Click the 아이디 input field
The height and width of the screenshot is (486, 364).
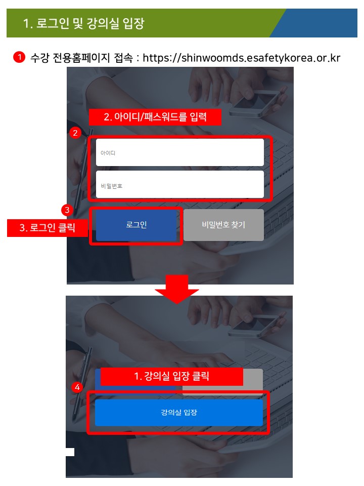(x=180, y=152)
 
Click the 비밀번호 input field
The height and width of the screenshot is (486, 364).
(x=180, y=184)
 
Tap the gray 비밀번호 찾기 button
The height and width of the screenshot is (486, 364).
(x=223, y=225)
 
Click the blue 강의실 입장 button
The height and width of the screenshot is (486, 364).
(x=179, y=413)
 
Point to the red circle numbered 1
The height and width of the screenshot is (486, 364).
(x=19, y=57)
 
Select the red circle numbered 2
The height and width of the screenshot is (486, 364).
(x=75, y=133)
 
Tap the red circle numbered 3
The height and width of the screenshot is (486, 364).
(x=67, y=210)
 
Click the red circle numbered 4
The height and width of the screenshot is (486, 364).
(x=77, y=387)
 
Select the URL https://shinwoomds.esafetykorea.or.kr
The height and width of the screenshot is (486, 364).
(x=242, y=58)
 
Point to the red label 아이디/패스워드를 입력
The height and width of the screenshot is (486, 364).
(x=155, y=117)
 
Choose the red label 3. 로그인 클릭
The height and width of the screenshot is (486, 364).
(x=48, y=228)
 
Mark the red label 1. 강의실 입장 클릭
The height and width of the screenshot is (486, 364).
(x=172, y=377)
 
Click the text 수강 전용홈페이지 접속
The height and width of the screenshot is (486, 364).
(x=82, y=58)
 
